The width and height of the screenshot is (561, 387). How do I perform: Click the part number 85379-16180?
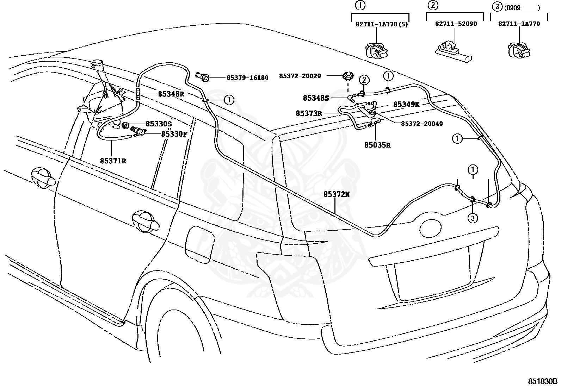coord(247,78)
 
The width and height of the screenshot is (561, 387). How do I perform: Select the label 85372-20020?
coord(300,76)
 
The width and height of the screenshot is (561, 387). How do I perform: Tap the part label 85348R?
coord(171,94)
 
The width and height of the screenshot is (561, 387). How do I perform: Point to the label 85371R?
coord(113,161)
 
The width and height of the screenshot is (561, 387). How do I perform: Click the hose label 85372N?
coord(336,194)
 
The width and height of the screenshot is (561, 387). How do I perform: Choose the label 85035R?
coord(377,145)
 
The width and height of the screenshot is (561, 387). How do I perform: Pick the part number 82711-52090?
coord(456,24)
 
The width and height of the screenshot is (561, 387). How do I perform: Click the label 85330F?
coord(174,134)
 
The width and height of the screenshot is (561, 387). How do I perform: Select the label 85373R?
coord(309,113)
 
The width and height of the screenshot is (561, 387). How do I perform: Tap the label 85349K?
coord(406,104)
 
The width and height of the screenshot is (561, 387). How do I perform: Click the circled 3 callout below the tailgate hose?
coord(473,218)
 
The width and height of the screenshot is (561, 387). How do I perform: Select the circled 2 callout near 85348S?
coord(364,80)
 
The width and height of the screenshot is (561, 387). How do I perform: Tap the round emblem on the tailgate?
coord(431,229)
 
